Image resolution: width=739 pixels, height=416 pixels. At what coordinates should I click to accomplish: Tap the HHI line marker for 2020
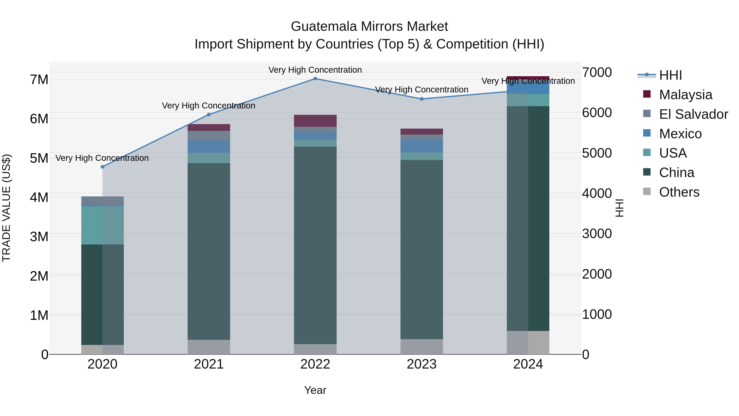click(x=102, y=167)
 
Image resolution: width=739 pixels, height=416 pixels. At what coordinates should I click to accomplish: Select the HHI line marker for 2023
click(x=421, y=99)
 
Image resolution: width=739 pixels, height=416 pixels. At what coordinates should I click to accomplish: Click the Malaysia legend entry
click(x=685, y=95)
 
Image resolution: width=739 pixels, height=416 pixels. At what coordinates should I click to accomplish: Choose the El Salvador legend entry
click(x=693, y=114)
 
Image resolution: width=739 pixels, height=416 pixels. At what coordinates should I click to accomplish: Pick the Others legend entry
click(x=679, y=192)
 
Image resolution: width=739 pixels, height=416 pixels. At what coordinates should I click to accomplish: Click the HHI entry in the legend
click(x=670, y=75)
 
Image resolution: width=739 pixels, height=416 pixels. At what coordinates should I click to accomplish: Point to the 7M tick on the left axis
click(x=39, y=80)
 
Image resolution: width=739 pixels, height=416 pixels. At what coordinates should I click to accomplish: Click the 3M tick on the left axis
click(x=39, y=237)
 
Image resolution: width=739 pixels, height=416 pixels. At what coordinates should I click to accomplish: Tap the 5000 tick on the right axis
click(x=597, y=153)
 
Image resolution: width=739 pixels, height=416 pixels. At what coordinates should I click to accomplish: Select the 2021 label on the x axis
click(x=209, y=364)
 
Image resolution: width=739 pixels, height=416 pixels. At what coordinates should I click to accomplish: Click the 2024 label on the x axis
click(x=528, y=364)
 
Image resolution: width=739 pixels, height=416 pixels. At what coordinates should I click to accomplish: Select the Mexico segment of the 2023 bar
click(x=421, y=146)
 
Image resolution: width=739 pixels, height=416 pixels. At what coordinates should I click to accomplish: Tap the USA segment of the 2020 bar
click(x=102, y=225)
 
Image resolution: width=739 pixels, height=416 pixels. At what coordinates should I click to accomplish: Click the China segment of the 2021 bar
click(x=209, y=251)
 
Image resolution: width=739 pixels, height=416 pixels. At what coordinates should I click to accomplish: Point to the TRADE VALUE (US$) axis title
click(x=6, y=208)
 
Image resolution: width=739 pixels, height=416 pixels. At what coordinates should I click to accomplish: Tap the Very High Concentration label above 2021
click(x=209, y=106)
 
